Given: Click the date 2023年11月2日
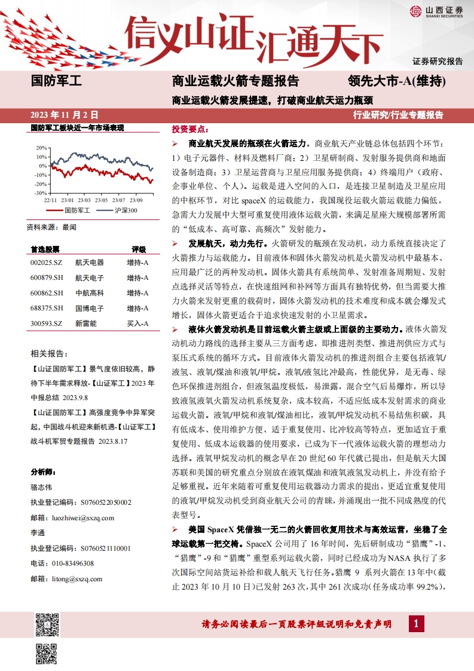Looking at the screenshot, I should pos(64,115).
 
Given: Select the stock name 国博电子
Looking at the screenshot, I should pos(90,308).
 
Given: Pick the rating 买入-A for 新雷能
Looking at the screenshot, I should pos(137,324).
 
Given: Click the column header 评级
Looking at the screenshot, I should pos(139,249).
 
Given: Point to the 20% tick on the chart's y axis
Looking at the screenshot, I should pos(41,148).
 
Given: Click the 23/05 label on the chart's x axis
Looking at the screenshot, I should pos(102,200).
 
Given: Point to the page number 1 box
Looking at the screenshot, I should pos(416,624).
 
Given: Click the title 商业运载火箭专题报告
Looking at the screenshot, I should pos(235,81).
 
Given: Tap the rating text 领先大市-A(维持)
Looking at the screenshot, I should pos(397,81).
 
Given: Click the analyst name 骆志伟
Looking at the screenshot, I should pos(41,487).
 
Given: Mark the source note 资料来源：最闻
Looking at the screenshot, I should pos(52,227).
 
